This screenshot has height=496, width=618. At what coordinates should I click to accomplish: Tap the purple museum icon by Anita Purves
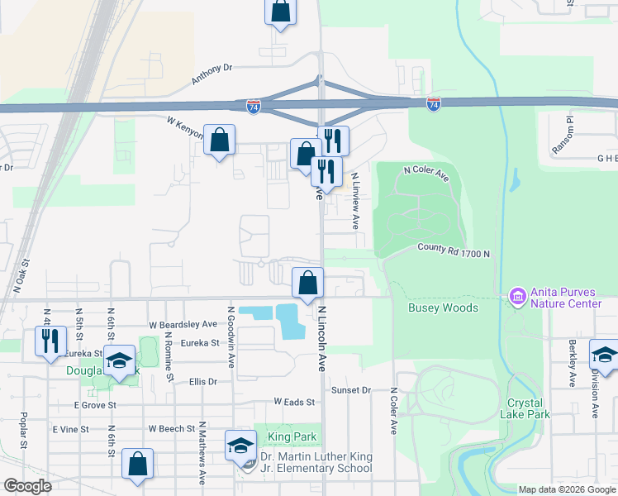click(518, 296)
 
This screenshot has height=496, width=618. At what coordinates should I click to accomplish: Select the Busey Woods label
click(443, 308)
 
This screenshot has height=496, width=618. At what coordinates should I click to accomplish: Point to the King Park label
click(286, 436)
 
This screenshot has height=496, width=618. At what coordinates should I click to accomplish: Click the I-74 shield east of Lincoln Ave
click(434, 103)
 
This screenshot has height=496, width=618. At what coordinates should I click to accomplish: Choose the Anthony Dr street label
click(213, 75)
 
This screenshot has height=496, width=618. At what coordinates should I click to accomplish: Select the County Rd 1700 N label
click(454, 250)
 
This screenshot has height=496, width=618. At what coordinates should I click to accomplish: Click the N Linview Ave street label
click(356, 200)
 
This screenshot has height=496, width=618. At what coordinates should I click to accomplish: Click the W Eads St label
click(295, 402)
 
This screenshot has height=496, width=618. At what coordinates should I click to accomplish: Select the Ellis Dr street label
click(202, 382)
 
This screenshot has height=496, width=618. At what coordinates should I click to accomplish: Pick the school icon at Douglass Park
click(119, 360)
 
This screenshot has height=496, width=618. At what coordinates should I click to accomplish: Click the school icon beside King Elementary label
click(240, 446)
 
